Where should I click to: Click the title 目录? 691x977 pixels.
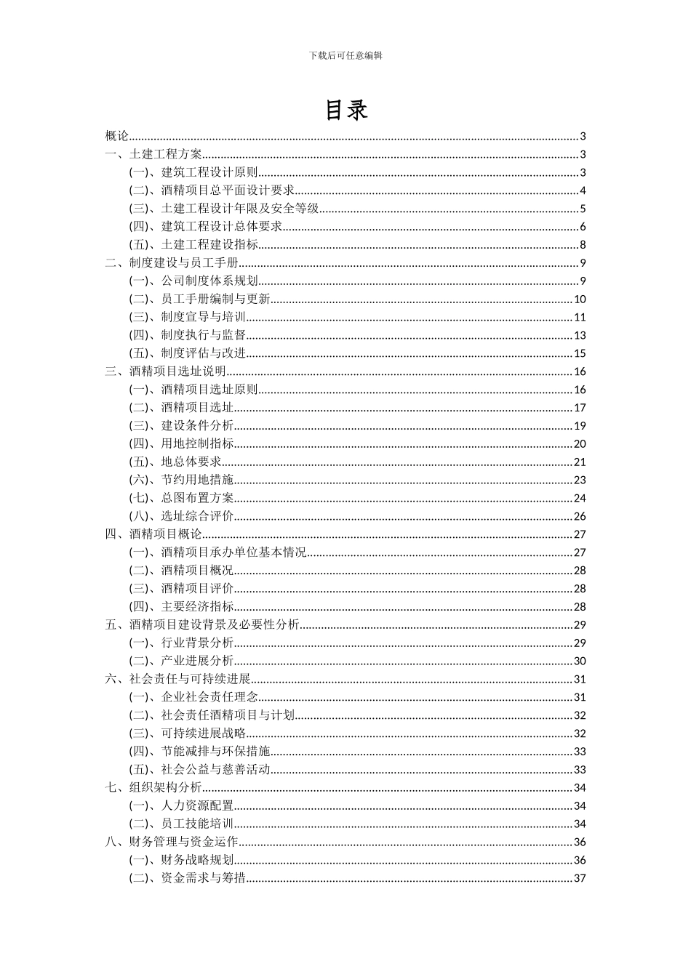coord(345,110)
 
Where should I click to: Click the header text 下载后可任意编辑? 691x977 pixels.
coord(345,55)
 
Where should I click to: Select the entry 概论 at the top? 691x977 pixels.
coord(116,136)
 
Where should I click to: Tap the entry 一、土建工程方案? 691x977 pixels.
coord(153,154)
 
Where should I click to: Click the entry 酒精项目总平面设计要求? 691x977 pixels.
coord(227,190)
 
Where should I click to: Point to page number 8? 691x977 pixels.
coord(583,245)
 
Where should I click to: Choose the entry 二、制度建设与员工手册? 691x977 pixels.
coord(172,263)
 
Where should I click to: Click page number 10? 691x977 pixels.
coord(580,299)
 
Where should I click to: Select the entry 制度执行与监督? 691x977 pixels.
coord(203,335)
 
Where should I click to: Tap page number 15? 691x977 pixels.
coord(580,353)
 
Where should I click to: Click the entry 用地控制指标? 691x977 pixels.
coord(197,443)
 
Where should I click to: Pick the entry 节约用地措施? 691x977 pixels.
coord(197,480)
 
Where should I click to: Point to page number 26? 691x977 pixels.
coord(580,516)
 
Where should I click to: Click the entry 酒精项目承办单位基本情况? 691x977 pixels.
coord(233,552)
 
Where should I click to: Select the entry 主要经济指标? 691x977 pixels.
coord(197,607)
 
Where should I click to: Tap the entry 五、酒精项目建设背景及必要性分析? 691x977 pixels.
coord(202,624)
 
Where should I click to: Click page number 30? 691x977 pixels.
coord(580,661)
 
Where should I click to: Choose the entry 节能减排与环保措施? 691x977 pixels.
coord(215,751)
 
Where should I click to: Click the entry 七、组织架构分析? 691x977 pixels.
coord(153,787)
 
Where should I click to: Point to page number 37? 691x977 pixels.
coord(580,878)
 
